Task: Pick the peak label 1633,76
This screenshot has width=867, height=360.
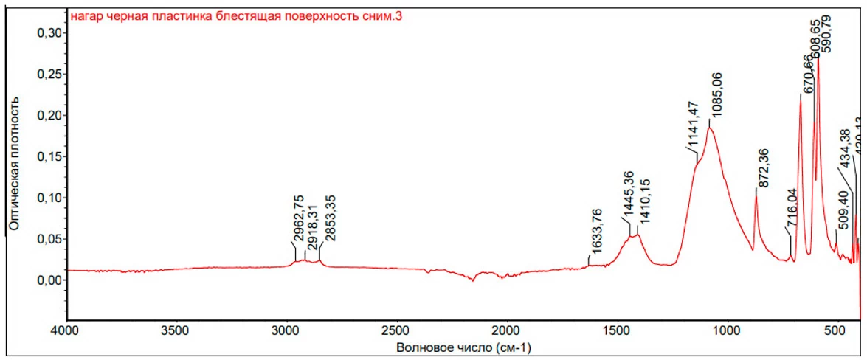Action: tap(598, 232)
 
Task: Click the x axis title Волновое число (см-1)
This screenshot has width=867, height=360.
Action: tap(463, 347)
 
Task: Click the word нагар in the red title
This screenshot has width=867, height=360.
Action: tap(85, 15)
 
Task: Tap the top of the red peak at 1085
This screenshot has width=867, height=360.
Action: tap(709, 128)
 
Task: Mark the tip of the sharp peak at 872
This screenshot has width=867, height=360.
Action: tap(756, 190)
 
